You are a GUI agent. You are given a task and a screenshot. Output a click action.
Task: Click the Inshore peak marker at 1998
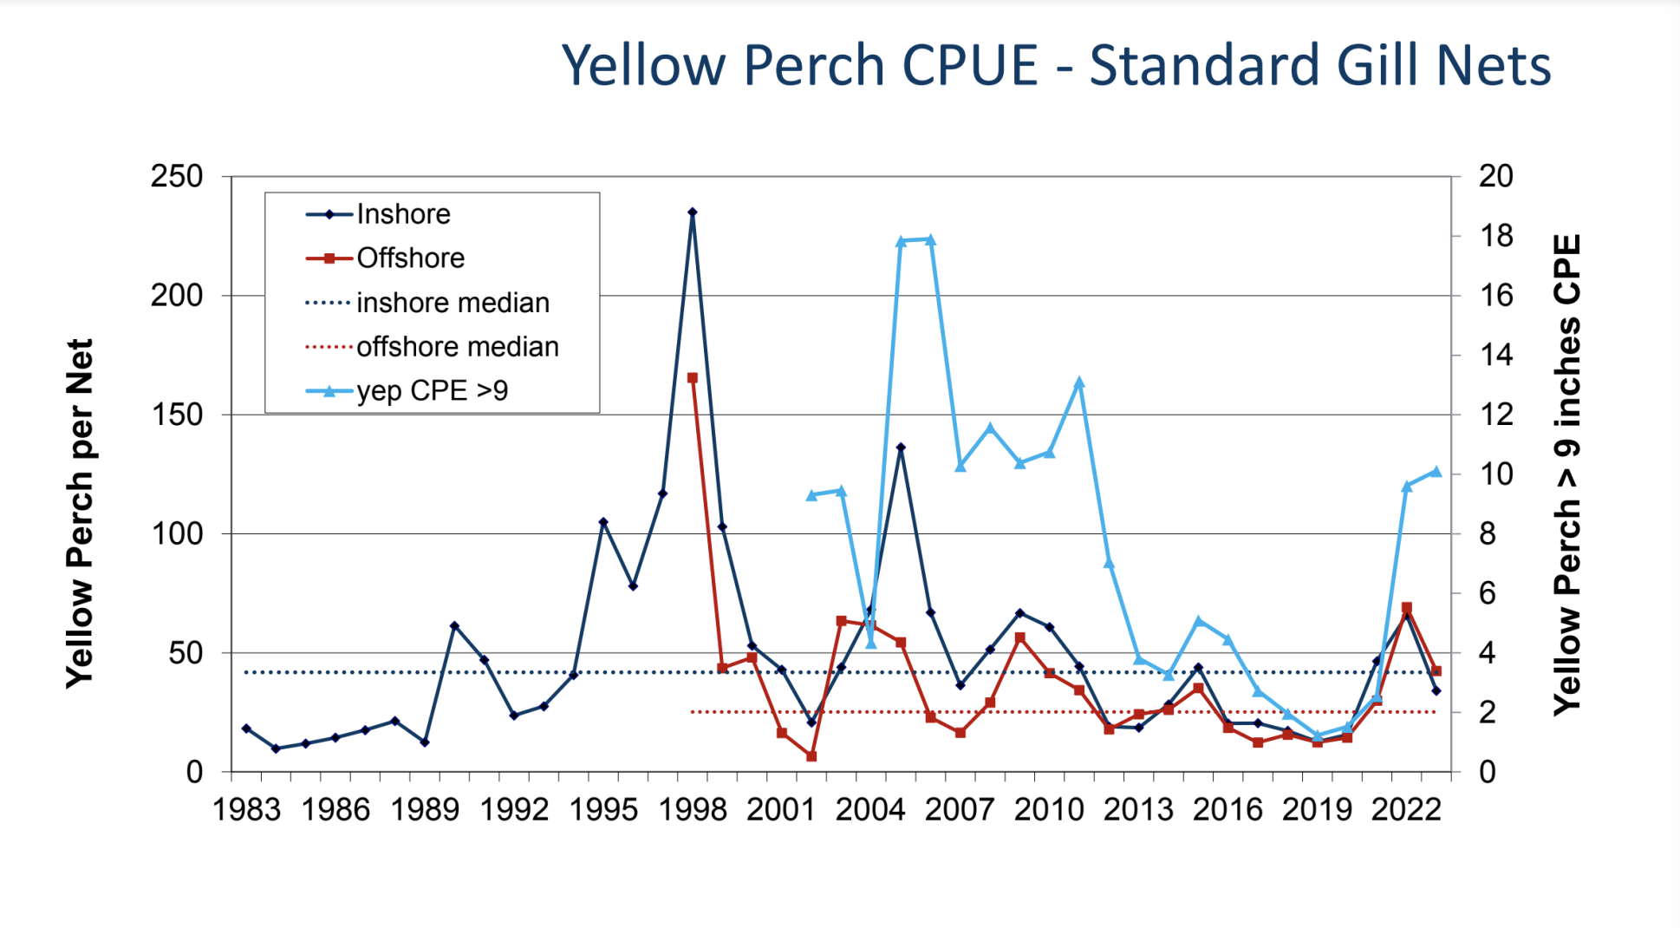coord(693,212)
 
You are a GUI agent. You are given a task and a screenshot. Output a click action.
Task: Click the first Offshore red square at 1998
coord(693,378)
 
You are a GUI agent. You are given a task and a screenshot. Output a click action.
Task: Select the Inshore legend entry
coord(403,214)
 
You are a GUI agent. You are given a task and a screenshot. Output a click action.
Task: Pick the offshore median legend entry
coord(457,347)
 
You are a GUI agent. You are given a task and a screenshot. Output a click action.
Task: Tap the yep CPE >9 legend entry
coord(432,391)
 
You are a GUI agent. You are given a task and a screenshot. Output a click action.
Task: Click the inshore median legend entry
coord(453,303)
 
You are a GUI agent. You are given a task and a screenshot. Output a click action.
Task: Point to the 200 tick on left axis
coord(177,296)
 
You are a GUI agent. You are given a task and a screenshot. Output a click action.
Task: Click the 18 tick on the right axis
coord(1495,236)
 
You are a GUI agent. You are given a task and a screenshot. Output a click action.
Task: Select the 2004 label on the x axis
coord(870,810)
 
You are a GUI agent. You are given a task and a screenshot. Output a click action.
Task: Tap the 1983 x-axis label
coord(247,810)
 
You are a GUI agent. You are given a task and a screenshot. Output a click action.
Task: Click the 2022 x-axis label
coord(1406,810)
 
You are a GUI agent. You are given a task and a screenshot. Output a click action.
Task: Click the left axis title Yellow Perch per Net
coord(80,513)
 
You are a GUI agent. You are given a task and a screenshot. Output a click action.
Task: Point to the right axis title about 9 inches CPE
coord(1567,474)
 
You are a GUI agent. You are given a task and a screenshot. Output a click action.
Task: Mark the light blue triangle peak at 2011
coord(1079,382)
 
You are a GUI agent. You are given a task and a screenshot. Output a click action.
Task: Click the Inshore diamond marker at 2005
coord(901,448)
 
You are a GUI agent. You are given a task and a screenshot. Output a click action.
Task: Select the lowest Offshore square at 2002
coord(811,756)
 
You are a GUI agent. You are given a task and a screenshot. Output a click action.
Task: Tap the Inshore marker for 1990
coord(454,626)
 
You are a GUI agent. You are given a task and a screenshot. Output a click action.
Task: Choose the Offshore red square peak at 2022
coord(1407,608)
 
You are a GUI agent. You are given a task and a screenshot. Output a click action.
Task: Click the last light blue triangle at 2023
coord(1436,472)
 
